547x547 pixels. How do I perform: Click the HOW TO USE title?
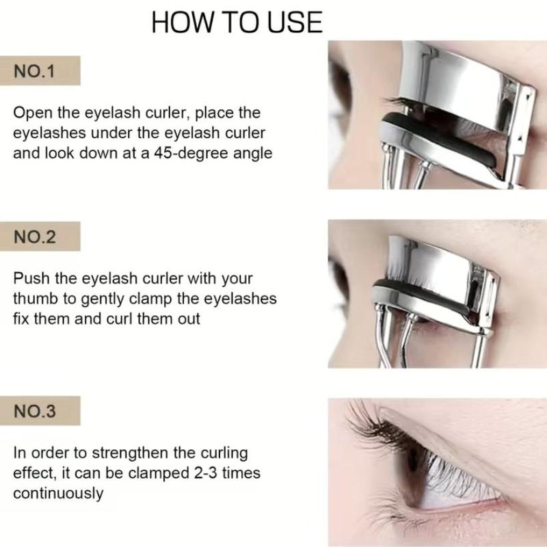pyautogui.click(x=237, y=23)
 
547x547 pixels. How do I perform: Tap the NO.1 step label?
pyautogui.click(x=35, y=71)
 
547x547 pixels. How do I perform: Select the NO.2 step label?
pyautogui.click(x=35, y=237)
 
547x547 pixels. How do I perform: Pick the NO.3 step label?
pyautogui.click(x=35, y=411)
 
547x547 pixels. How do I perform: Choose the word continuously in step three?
pyautogui.click(x=58, y=494)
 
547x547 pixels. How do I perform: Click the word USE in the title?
pyautogui.click(x=295, y=23)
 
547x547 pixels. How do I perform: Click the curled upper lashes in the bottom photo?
pyautogui.click(x=380, y=424)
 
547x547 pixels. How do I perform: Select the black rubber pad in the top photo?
pyautogui.click(x=440, y=139)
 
